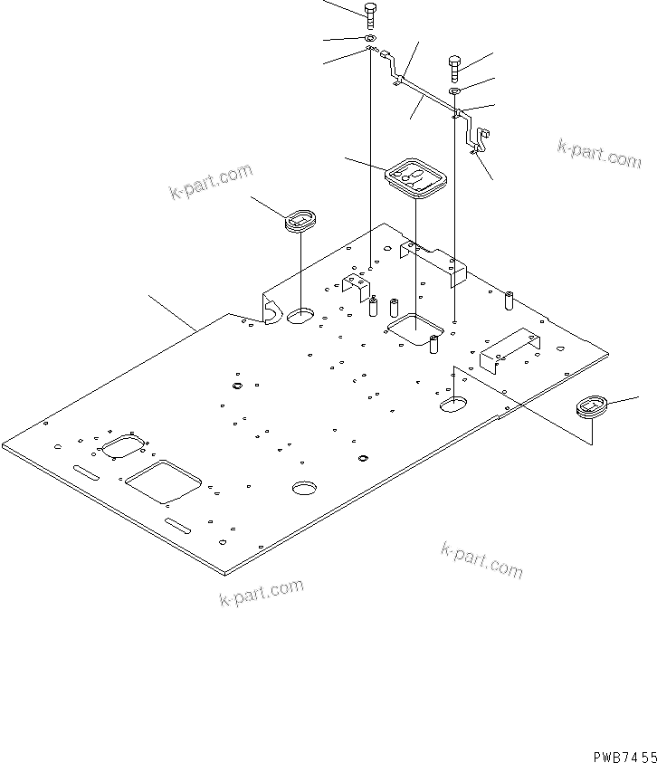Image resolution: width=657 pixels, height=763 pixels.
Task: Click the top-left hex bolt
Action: (x=371, y=13)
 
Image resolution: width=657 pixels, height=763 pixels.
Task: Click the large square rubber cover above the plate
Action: (x=415, y=176)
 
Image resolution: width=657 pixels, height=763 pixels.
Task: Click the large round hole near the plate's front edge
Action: (x=305, y=488)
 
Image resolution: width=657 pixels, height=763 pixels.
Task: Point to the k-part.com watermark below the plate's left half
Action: (x=261, y=593)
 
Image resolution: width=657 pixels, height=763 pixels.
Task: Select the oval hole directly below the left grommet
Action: (x=300, y=317)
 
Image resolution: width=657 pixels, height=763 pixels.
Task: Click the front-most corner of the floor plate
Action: (x=224, y=572)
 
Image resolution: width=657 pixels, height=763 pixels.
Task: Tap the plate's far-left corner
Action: (x=4, y=446)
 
